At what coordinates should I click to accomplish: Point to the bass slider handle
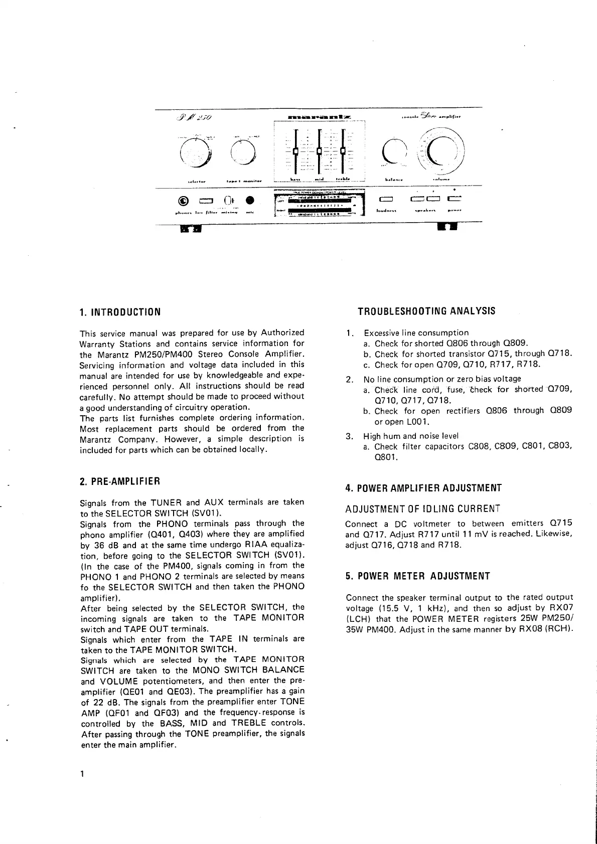pos(295,150)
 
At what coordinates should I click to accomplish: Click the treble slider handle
pos(343,150)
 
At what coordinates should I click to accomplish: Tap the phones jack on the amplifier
pos(184,202)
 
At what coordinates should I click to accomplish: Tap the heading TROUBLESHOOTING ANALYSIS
pos(426,311)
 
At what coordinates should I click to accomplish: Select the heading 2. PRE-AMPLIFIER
pos(120,481)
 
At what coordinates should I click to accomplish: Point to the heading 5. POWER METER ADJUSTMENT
pos(417,576)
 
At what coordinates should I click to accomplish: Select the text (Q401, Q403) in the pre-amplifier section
pos(182,534)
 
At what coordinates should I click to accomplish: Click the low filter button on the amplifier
pos(206,201)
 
